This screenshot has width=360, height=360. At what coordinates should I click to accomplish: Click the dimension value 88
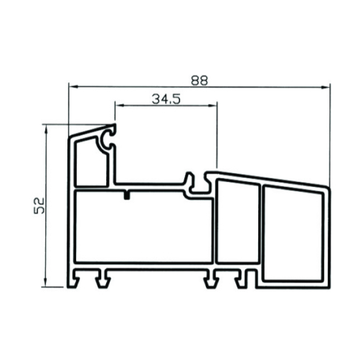pyautogui.click(x=199, y=80)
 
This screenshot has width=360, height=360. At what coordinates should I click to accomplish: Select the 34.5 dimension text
pyautogui.click(x=166, y=99)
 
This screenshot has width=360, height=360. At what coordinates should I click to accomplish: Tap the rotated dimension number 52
pyautogui.click(x=39, y=206)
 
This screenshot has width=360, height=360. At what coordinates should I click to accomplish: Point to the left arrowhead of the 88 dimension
pyautogui.click(x=74, y=87)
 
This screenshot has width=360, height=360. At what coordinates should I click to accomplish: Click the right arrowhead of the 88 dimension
pyautogui.click(x=325, y=87)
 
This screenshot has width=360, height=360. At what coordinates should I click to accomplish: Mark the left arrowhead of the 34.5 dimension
pyautogui.click(x=120, y=105)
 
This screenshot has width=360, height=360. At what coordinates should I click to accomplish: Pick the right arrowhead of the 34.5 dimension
pyautogui.click(x=212, y=105)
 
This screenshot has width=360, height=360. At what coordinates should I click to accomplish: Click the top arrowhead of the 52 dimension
pyautogui.click(x=46, y=129)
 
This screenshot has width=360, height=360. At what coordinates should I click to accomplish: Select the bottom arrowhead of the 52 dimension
pyautogui.click(x=45, y=282)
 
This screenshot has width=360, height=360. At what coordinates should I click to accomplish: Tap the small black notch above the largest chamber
pyautogui.click(x=127, y=195)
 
